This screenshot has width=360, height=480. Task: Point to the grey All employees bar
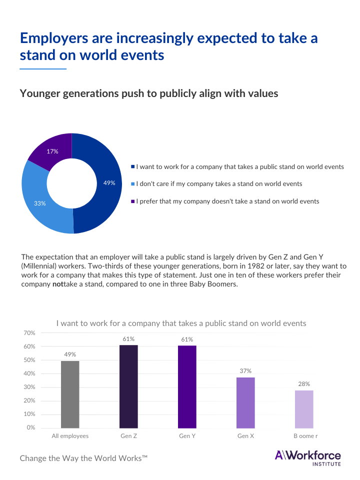point(70,394)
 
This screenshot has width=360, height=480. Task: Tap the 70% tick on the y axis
point(29,333)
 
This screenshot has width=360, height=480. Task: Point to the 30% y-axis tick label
point(29,387)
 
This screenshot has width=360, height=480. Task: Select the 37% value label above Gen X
point(245,371)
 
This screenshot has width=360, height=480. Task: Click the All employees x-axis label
point(70,436)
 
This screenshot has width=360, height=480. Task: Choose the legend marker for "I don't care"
point(132,184)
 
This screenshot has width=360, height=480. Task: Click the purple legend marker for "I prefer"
point(132,201)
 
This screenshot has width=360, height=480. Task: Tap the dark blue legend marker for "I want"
point(132,167)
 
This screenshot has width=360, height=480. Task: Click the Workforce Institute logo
point(307,457)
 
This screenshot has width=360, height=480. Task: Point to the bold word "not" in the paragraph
point(57,284)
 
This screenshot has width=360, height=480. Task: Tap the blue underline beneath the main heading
point(43,68)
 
